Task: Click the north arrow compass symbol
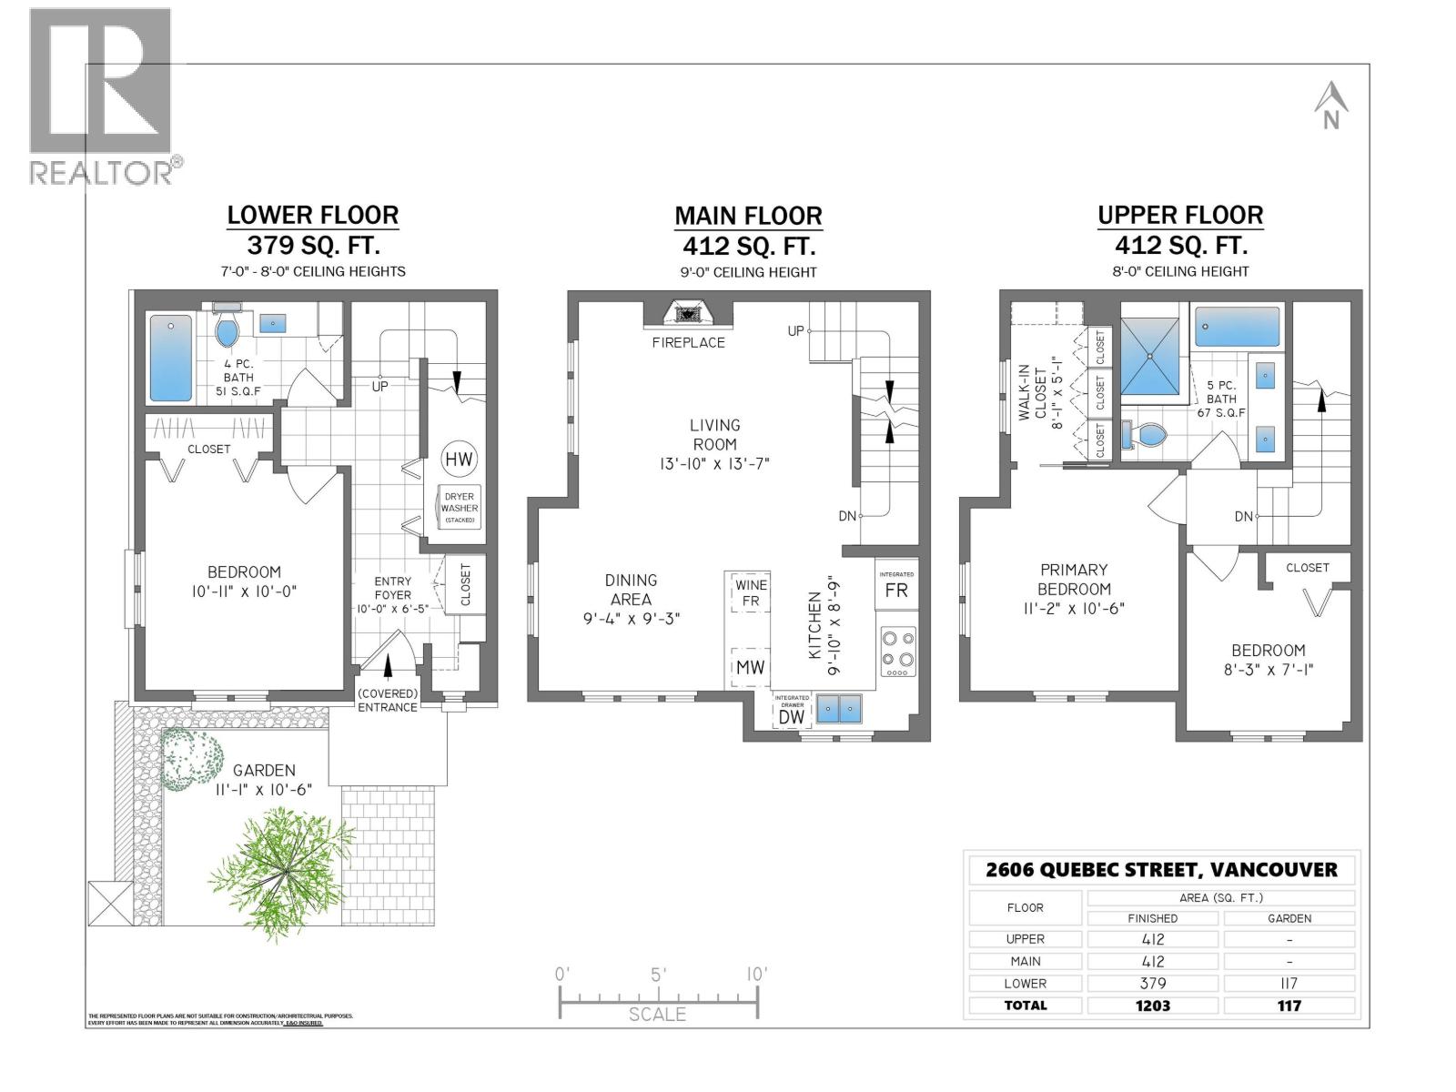tap(1330, 106)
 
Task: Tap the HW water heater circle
tap(460, 460)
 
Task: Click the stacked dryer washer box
tap(460, 508)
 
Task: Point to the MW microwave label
tap(750, 667)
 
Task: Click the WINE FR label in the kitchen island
tap(751, 592)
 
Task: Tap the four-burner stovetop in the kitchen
tap(897, 651)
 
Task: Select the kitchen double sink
tap(839, 707)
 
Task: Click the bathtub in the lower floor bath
tap(170, 358)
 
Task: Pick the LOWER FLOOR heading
tap(312, 216)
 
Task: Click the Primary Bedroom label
tap(1074, 579)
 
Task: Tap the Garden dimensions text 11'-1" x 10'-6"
tap(264, 790)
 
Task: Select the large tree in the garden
tap(283, 861)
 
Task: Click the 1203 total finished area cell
tap(1153, 1006)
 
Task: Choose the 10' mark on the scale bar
tap(755, 975)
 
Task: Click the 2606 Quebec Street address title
tap(1161, 869)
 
